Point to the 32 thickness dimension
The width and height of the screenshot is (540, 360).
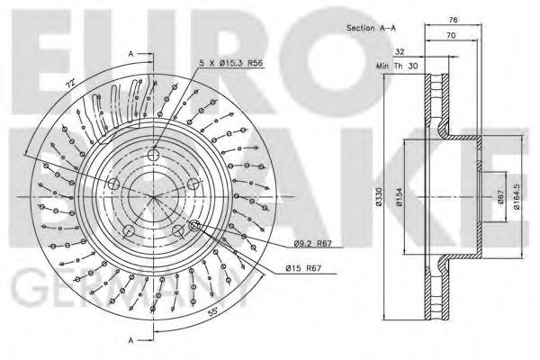[398, 52]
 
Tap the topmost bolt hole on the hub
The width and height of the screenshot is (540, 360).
[154, 150]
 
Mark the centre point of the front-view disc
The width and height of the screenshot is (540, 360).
[154, 196]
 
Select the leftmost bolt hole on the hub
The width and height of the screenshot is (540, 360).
[113, 183]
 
